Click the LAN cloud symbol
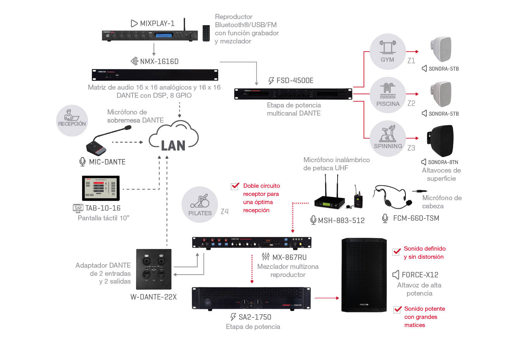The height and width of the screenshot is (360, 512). (x=174, y=136)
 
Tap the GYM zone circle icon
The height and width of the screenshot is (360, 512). (x=387, y=52)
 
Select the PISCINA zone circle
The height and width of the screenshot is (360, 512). (x=387, y=95)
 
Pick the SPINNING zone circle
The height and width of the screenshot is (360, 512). (x=388, y=138)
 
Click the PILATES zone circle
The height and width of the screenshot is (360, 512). (x=200, y=205)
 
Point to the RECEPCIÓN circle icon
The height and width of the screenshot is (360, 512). (x=72, y=121)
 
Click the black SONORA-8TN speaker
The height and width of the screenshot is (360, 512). (x=441, y=141)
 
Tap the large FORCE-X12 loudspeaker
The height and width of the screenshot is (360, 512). (x=364, y=275)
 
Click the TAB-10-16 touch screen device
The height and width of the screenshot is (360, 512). (x=101, y=188)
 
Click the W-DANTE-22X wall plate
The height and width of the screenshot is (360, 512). (x=153, y=269)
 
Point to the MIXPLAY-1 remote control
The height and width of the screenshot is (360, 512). (x=206, y=33)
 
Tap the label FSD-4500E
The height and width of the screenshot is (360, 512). (x=295, y=81)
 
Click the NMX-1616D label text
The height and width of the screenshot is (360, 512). (x=159, y=61)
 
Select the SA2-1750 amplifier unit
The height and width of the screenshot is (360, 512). (x=251, y=298)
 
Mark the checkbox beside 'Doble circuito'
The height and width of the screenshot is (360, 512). (x=235, y=186)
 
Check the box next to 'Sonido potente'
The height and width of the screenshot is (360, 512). (x=397, y=309)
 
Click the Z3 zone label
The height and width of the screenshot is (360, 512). (x=411, y=148)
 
